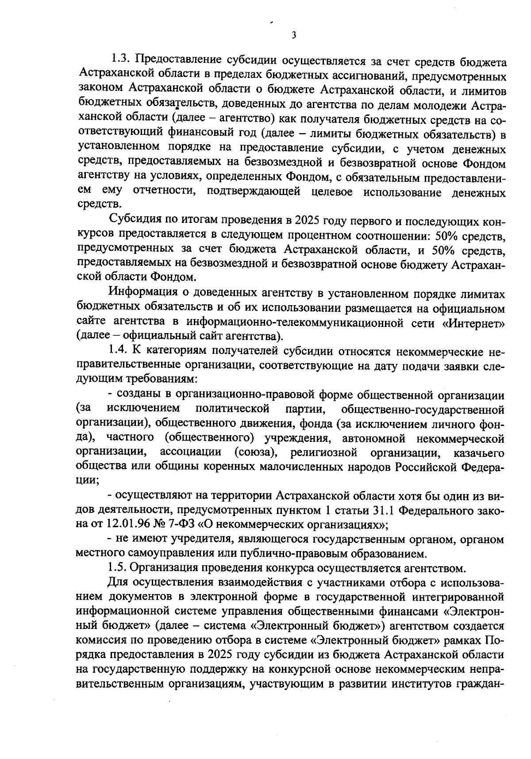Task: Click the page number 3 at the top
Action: pos(293,35)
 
